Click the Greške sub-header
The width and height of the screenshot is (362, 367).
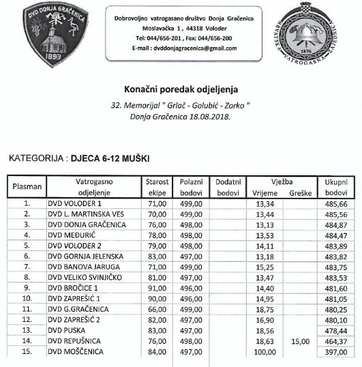pyautogui.click(x=301, y=193)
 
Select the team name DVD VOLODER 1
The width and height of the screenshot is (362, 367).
pyautogui.click(x=74, y=203)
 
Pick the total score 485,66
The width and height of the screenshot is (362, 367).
pyautogui.click(x=336, y=203)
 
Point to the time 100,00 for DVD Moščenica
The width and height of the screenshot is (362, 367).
pyautogui.click(x=264, y=352)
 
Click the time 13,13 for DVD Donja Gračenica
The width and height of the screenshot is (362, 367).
pyautogui.click(x=264, y=224)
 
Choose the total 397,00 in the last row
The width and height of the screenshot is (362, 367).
pyautogui.click(x=336, y=352)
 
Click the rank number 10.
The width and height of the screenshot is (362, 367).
pyautogui.click(x=27, y=299)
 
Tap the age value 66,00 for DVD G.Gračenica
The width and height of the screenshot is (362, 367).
pyautogui.click(x=157, y=309)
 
